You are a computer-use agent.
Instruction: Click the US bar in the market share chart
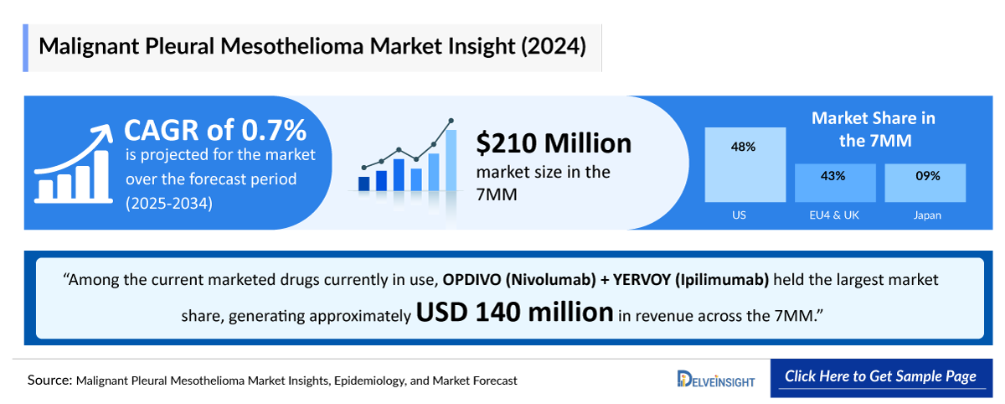(x=745, y=165)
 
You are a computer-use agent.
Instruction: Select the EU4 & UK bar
(x=835, y=184)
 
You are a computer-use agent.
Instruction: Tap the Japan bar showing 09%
(x=925, y=184)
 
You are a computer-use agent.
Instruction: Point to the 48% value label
(x=744, y=147)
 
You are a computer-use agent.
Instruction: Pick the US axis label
(x=739, y=215)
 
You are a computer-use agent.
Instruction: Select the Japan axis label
(x=927, y=215)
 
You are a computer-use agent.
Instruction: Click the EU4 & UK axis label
(x=835, y=215)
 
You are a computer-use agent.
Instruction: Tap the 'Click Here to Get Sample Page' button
(x=880, y=376)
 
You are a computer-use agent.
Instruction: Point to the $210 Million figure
(x=554, y=143)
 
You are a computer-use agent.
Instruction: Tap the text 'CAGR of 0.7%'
(x=215, y=130)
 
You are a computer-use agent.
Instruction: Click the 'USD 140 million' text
(x=515, y=313)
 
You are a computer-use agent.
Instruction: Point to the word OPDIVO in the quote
(x=474, y=279)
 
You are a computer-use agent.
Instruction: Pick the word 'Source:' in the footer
(x=49, y=380)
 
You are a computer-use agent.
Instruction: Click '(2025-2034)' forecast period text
(x=169, y=203)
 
